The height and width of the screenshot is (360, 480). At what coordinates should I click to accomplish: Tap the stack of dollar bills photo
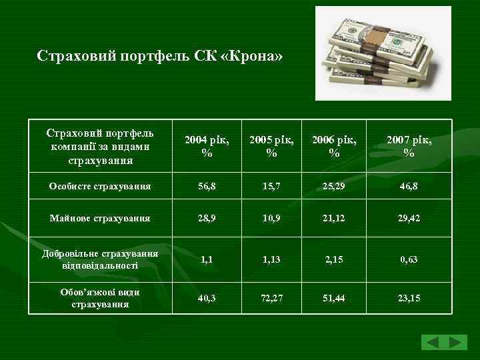coord(383,53)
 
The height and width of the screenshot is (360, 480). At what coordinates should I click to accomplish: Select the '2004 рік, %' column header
coord(207,147)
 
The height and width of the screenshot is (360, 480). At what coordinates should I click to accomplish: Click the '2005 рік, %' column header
coord(271,147)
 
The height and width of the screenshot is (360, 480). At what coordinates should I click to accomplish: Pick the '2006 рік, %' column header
coord(334,147)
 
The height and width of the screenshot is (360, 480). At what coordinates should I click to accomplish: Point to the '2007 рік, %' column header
coord(409,147)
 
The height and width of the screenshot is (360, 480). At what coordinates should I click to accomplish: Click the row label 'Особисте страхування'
coord(99,186)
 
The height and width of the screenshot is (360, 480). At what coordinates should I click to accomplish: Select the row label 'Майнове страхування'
coord(99,218)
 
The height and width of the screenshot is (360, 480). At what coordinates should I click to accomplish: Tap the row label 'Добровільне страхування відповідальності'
coord(100,259)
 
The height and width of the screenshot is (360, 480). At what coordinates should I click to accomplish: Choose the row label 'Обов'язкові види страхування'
coord(100,298)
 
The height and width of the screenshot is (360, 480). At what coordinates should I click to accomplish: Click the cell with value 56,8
coord(207,187)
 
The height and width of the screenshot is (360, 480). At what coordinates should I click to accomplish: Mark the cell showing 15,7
coord(271,187)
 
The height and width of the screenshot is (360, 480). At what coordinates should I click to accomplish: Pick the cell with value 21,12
coord(334,219)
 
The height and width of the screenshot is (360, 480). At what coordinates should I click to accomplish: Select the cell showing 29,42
coord(409,219)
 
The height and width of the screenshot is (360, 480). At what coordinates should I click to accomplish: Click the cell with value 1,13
coord(271,259)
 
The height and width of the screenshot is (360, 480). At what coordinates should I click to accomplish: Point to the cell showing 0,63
coord(409,259)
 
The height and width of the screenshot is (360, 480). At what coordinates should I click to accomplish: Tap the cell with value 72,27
coord(271,298)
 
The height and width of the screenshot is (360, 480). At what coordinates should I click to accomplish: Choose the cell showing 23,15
coord(409,298)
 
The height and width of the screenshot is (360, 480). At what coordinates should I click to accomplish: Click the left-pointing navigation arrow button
coord(432,343)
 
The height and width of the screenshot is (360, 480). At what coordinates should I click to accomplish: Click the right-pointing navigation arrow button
coord(457,343)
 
